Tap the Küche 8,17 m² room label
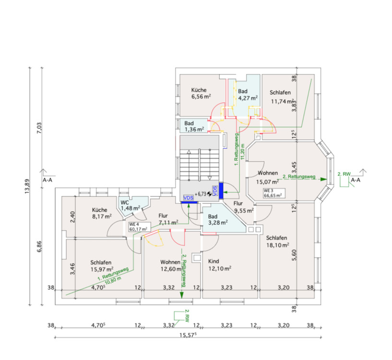[102, 213]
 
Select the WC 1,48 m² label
[130, 205]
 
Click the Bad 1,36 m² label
[194, 126]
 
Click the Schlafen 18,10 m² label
[277, 241]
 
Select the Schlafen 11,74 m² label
[282, 97]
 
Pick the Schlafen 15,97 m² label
[101, 266]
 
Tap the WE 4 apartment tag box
[138, 226]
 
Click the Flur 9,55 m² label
[243, 206]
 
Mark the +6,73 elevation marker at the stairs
[203, 194]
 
